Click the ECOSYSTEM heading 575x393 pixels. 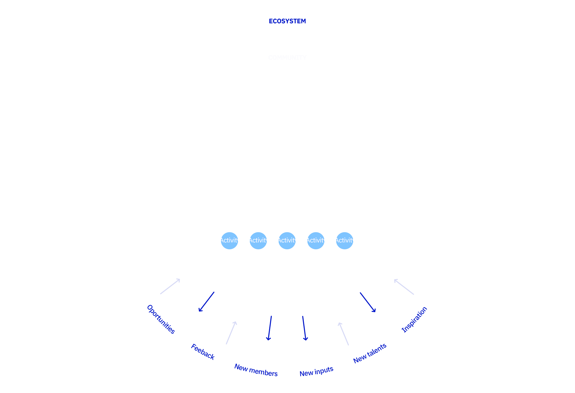click(x=287, y=21)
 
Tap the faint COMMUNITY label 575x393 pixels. click(x=287, y=58)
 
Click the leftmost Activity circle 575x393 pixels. click(x=229, y=241)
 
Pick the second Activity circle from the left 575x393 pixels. click(x=258, y=241)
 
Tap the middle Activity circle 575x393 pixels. click(x=287, y=241)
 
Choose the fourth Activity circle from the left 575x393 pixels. click(x=316, y=241)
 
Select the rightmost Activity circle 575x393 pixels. click(x=344, y=241)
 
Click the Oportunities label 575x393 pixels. click(x=161, y=319)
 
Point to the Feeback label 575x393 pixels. click(x=203, y=352)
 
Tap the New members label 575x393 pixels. click(x=256, y=370)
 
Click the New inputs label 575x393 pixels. click(x=316, y=371)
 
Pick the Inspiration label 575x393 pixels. click(x=414, y=320)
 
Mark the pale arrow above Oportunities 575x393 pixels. click(x=170, y=286)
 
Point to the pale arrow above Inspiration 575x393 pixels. click(x=404, y=287)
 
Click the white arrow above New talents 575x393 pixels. click(x=343, y=333)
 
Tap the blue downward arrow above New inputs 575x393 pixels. click(x=304, y=328)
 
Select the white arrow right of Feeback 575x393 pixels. click(x=231, y=333)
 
